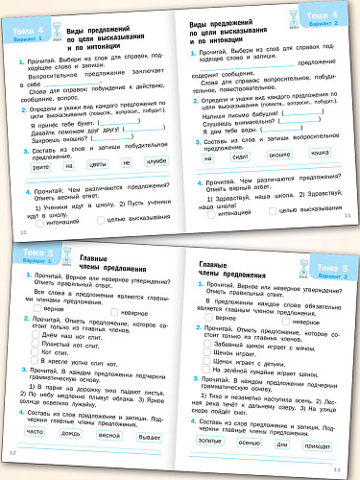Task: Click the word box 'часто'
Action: pyautogui.click(x=36, y=431)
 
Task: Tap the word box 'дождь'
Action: pyautogui.click(x=76, y=431)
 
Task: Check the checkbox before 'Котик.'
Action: pyautogui.click(x=37, y=353)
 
